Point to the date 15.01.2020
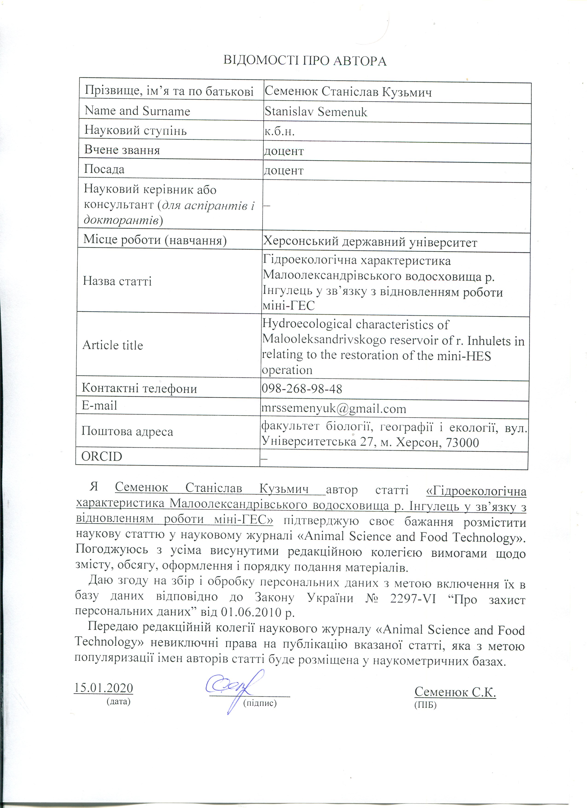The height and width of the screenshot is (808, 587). pos(103,688)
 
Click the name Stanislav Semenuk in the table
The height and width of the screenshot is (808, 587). pos(316,112)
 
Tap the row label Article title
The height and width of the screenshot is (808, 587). pos(113,345)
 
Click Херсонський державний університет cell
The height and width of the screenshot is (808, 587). pos(370,242)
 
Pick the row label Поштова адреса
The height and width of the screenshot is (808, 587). pos(127,432)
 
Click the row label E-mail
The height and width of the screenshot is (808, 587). pos(99,405)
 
